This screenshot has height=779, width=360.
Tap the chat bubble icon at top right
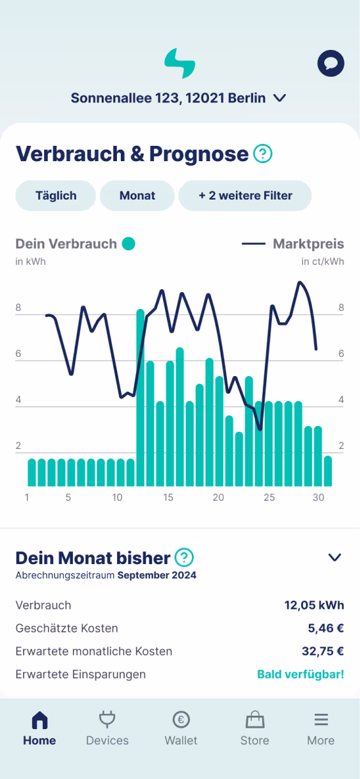coord(331,63)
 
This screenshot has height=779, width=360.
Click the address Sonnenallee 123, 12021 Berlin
coord(168,98)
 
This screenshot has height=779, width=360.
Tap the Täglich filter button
coord(56,196)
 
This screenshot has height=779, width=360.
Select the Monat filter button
coord(137,196)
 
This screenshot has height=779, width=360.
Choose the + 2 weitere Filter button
coord(245,196)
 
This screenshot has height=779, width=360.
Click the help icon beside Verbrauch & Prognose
coord(263,154)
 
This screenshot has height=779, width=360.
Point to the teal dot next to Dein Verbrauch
coord(129,244)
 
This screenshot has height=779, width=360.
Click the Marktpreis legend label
coord(308,244)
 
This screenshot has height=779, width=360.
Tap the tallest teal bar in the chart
coord(140,397)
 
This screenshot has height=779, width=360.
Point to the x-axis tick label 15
coord(168,498)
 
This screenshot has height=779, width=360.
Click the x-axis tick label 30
coord(318,498)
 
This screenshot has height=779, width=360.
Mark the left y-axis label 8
coord(19,308)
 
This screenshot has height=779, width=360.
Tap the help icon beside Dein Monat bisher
coord(184,557)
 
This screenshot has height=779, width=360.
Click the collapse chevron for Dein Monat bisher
coord(334,557)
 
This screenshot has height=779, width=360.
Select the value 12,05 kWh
coord(314,605)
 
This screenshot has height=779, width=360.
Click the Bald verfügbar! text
coord(301,674)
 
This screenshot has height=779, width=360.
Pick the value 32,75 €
coord(322,651)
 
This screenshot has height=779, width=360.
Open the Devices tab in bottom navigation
coord(107,729)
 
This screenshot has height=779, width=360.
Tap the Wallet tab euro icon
coord(181,720)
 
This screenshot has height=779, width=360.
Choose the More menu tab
coord(320,729)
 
